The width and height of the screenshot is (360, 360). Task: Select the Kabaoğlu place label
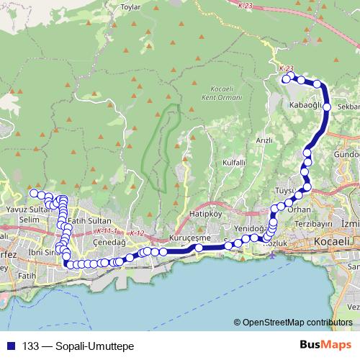pyautogui.click(x=304, y=104)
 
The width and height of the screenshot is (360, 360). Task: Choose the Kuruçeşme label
pyautogui.click(x=188, y=238)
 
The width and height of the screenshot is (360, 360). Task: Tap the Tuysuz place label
pyautogui.click(x=286, y=191)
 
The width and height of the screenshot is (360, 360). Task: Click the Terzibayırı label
pyautogui.click(x=312, y=223)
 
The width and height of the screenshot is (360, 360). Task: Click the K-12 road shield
pyautogui.click(x=138, y=233)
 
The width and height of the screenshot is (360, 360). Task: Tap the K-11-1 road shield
pyautogui.click(x=105, y=231)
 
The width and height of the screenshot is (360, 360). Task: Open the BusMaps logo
pyautogui.click(x=329, y=345)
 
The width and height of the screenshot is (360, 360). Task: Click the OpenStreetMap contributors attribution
pyautogui.click(x=297, y=323)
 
